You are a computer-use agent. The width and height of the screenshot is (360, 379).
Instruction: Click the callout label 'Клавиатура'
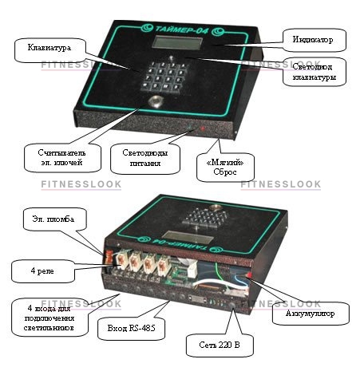coord(49,50)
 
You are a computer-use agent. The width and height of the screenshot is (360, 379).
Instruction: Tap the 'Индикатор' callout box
coord(314,40)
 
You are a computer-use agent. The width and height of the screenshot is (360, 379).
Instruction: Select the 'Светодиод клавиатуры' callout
coord(315,72)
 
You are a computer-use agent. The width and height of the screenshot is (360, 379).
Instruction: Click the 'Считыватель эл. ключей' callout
coord(62,158)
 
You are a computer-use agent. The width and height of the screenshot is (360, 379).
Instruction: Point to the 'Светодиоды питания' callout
coord(145,159)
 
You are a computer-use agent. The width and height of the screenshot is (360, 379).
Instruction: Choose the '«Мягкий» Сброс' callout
coord(225,168)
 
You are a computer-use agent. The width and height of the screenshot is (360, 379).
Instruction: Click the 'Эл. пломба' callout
coord(54,219)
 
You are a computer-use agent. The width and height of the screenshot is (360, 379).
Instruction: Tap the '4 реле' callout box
coord(43,271)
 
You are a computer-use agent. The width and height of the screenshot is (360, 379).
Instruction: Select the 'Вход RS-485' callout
coord(131,328)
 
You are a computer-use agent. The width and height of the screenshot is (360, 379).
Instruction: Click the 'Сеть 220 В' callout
coord(220,345)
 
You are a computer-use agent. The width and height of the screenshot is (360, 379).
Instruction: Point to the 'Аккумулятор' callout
coord(311,314)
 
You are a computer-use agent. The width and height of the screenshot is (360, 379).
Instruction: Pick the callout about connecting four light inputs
coord(49,318)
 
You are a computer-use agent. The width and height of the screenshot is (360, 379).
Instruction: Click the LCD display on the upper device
coord(177,43)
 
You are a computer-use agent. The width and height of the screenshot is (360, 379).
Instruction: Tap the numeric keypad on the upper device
coord(164,77)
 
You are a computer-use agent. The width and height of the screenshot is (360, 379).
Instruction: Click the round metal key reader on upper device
coord(156,101)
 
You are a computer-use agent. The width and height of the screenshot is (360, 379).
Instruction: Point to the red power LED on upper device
coord(203,128)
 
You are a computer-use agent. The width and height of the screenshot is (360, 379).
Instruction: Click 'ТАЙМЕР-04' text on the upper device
coord(181,30)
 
